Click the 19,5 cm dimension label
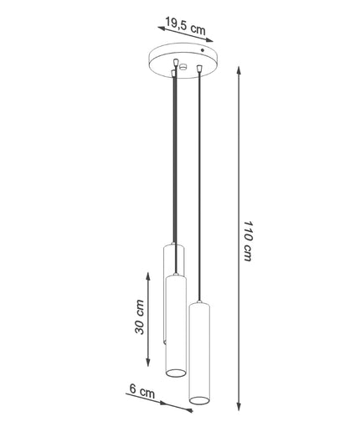tap(185, 26)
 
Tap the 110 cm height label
tap(248, 241)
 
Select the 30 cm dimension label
tap(139, 316)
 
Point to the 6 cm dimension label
tap(142, 391)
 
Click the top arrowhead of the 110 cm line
tap(239, 70)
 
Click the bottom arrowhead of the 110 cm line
tap(239, 407)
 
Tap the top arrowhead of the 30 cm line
tap(148, 276)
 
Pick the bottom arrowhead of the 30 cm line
tap(148, 363)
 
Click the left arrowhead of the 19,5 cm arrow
tap(162, 28)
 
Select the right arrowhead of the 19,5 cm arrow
tap(209, 40)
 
